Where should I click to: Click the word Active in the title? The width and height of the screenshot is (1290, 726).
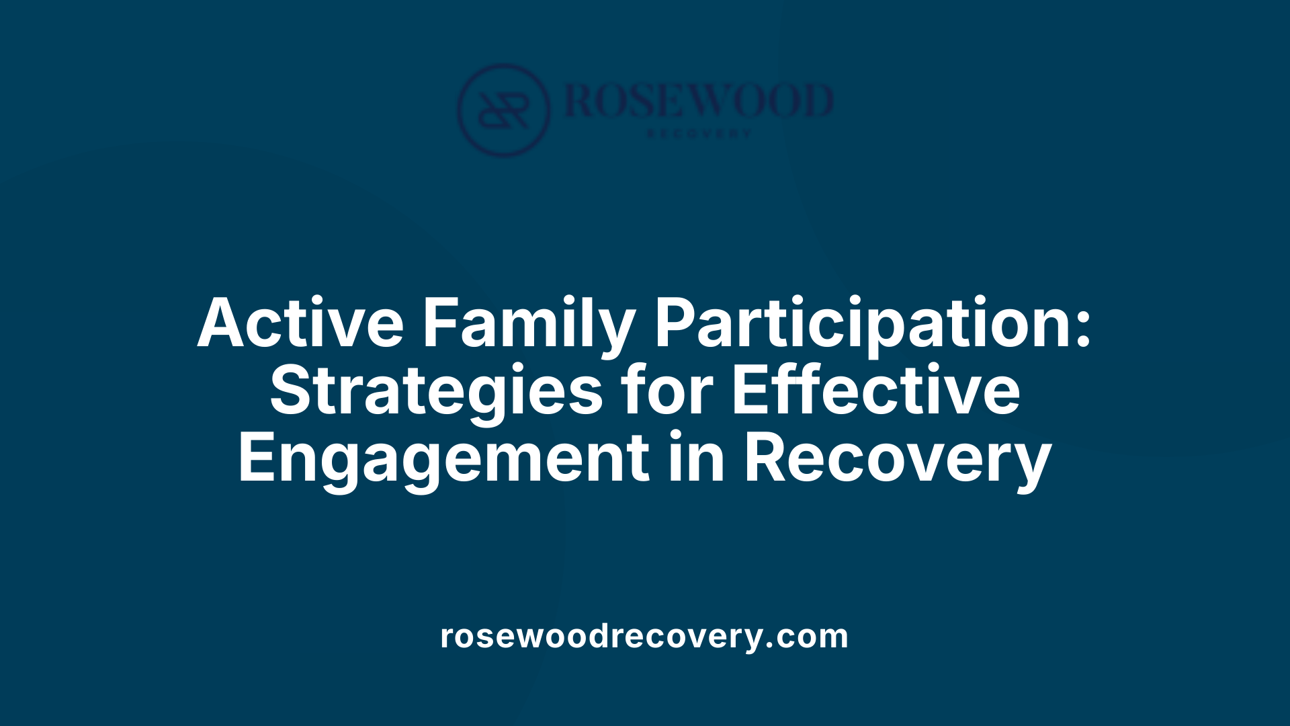300,323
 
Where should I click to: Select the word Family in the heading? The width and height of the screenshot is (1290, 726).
528,323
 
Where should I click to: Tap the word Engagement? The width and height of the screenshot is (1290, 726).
443,459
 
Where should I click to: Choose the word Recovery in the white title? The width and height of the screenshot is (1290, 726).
898,459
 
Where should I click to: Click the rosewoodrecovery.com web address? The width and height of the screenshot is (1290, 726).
644,636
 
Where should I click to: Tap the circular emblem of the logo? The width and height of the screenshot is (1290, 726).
503,110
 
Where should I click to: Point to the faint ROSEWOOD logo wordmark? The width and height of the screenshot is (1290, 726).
699,101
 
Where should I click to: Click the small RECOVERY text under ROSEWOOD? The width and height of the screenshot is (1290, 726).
699,134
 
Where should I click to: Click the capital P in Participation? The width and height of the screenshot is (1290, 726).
677,323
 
